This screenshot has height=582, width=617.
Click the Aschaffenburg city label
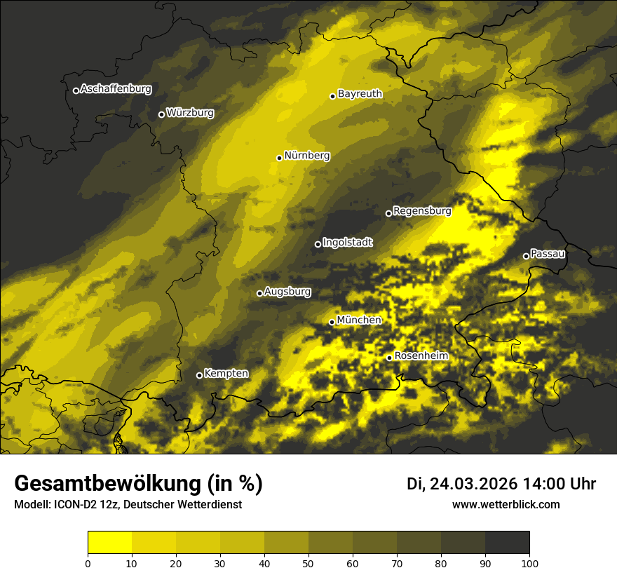click(x=116, y=89)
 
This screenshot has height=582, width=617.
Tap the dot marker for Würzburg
click(x=161, y=114)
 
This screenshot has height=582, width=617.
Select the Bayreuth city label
click(x=360, y=93)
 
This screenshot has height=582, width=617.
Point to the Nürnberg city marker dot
click(x=279, y=158)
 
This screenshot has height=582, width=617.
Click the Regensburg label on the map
click(x=422, y=210)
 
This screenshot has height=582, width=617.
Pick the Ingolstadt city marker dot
click(x=318, y=244)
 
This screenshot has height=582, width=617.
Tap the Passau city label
click(x=548, y=253)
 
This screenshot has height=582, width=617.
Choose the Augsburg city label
click(x=287, y=291)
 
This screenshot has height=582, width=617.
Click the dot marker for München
click(x=332, y=322)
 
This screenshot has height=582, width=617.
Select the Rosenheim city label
click(x=421, y=356)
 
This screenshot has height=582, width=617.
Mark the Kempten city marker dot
click(x=199, y=375)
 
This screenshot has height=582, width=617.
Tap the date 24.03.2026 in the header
click(x=473, y=484)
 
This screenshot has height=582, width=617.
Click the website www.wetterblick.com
click(x=506, y=504)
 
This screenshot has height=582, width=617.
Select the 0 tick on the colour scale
click(x=88, y=563)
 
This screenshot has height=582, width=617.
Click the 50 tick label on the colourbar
click(x=308, y=563)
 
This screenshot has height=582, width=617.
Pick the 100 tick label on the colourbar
click(x=529, y=563)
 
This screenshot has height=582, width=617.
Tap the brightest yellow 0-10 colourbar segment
click(x=109, y=543)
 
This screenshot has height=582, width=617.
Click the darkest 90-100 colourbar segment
click(x=507, y=543)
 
